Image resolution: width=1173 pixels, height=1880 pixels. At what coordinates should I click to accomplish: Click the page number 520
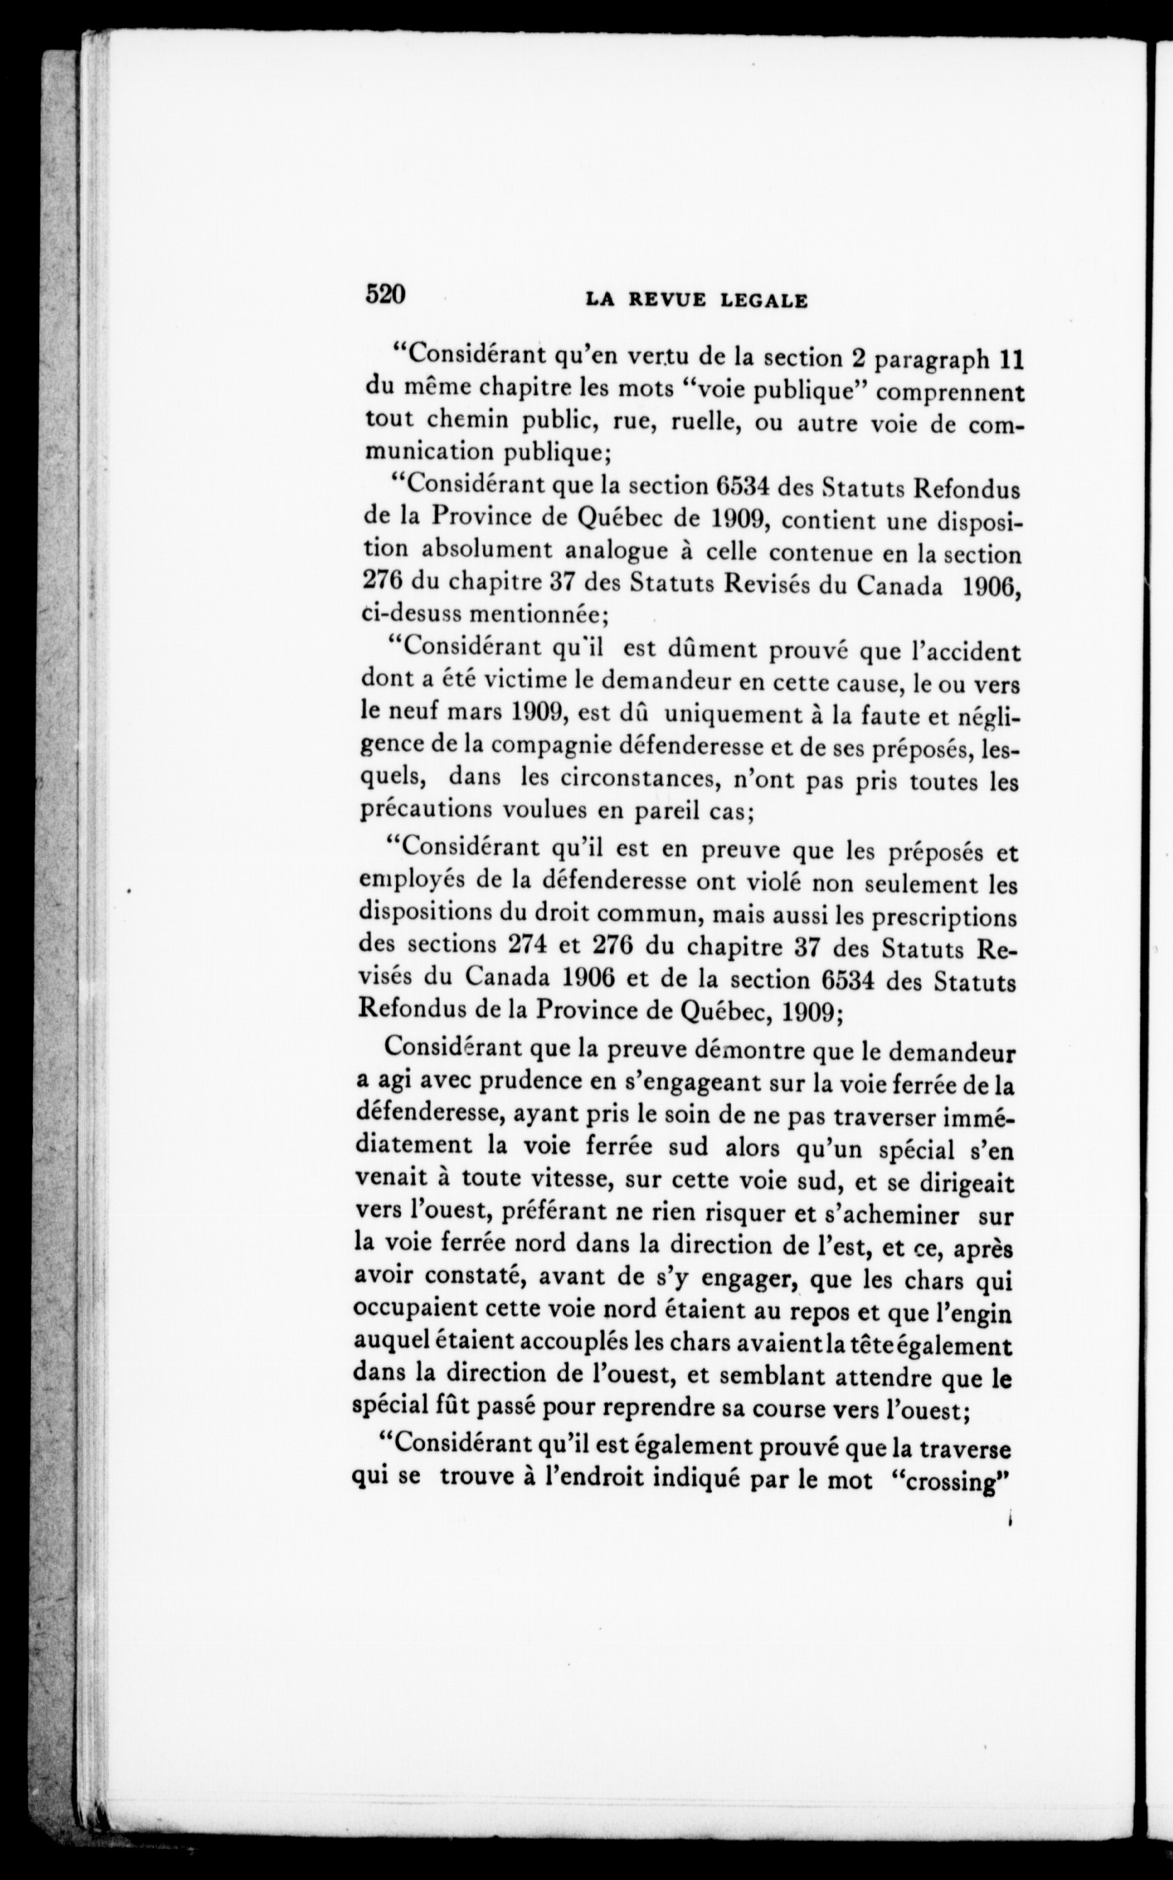(x=386, y=295)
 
